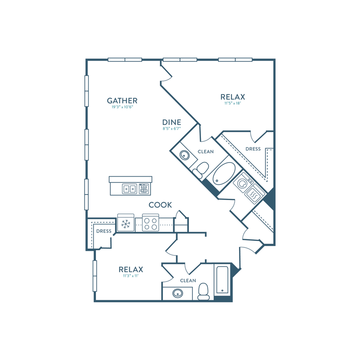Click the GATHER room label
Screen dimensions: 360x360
tap(122, 101)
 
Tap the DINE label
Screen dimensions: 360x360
tap(172, 122)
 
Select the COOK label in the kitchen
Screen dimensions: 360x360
tap(160, 205)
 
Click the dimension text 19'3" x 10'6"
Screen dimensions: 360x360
tap(122, 107)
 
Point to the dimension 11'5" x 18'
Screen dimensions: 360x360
tap(232, 103)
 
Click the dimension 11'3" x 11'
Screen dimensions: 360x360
tap(131, 276)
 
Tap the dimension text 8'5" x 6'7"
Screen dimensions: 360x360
tap(172, 128)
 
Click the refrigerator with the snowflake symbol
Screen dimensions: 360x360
tap(125, 223)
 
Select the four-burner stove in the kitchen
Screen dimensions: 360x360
tap(151, 223)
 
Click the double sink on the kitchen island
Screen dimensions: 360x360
tap(129, 189)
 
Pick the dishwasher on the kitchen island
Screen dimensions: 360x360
tap(144, 189)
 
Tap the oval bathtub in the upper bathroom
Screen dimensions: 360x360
tap(224, 174)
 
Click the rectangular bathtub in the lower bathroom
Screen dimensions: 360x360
tap(222, 280)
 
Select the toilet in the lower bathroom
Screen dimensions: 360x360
tap(203, 292)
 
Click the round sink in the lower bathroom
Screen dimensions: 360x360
tap(177, 293)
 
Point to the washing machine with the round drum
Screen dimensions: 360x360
tap(243, 182)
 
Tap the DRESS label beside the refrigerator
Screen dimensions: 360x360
tap(104, 231)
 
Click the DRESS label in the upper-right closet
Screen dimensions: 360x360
tap(253, 149)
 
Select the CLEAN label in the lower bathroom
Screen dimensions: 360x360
tap(188, 281)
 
